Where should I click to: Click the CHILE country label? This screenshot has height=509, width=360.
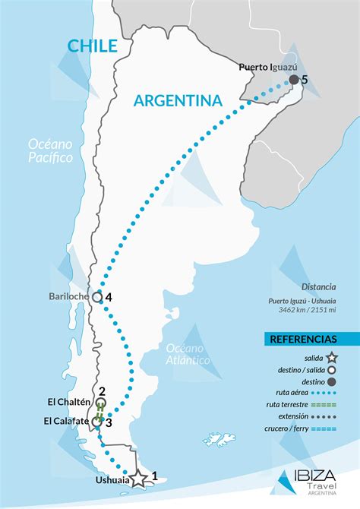(93, 46)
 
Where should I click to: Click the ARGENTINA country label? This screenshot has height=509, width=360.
(177, 100)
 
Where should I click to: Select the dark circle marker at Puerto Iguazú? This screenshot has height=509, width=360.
(294, 79)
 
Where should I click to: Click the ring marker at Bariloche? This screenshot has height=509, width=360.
(96, 297)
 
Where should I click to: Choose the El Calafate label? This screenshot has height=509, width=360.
(68, 421)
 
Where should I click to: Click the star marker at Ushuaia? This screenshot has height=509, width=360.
(138, 479)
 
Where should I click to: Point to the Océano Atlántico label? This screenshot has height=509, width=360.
(188, 354)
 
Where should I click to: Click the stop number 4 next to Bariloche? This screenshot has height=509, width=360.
(109, 297)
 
